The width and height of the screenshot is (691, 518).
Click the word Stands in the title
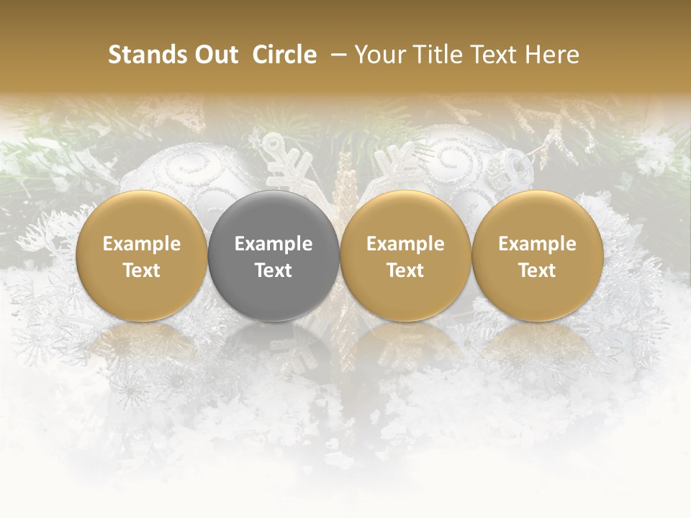[x=148, y=55]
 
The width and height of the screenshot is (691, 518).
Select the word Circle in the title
[x=284, y=55]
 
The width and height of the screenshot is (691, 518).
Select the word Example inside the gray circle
[x=274, y=244]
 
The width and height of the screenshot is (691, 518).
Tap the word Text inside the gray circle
[x=274, y=271]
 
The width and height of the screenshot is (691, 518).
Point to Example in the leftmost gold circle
[x=142, y=244]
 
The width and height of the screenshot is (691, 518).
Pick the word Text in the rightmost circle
[x=538, y=271]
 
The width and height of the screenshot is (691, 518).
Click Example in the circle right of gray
[x=405, y=244]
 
